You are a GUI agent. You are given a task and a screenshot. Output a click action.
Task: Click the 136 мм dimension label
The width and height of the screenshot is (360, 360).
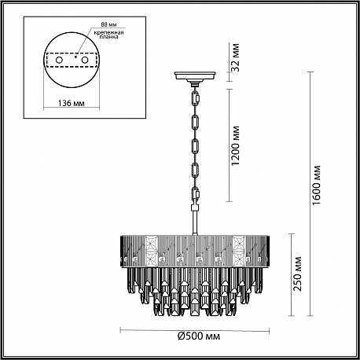point(71,103)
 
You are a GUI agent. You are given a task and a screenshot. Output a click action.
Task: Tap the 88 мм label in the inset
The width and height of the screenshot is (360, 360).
point(108,24)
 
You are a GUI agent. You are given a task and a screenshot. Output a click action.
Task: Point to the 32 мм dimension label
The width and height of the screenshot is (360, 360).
point(236,57)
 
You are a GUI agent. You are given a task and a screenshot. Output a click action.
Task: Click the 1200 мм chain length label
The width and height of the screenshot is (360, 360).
point(236,145)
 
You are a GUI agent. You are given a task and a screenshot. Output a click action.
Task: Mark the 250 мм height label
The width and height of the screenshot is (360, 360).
point(297,274)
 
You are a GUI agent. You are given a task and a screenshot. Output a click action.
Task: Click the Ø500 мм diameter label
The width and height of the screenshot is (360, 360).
point(199,336)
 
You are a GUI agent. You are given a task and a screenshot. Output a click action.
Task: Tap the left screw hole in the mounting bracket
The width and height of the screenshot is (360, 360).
point(59,60)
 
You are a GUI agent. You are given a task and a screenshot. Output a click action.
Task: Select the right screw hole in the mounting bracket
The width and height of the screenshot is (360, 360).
point(84,60)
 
